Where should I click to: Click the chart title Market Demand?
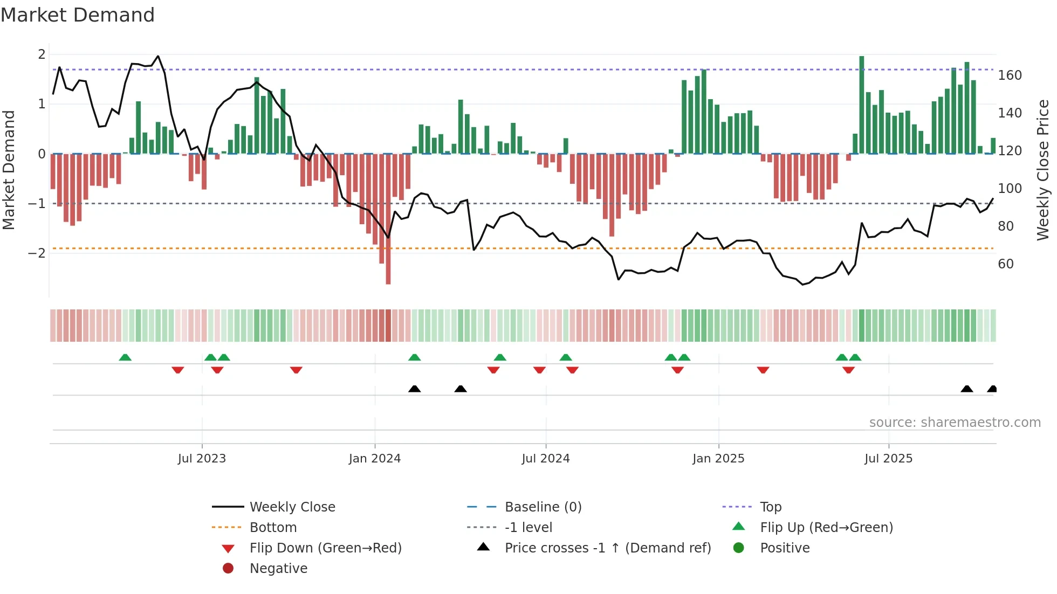[78, 15]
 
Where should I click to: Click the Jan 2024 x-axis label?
[374, 459]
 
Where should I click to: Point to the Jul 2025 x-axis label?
[888, 459]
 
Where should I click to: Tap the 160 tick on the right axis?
[1010, 75]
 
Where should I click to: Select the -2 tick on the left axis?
[37, 253]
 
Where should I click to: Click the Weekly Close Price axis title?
[1043, 170]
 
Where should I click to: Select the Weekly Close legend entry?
[292, 507]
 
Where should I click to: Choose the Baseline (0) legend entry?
[543, 507]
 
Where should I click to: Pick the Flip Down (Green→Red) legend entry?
[325, 548]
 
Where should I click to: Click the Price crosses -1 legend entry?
[607, 548]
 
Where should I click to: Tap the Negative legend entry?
[278, 569]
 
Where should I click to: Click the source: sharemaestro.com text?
[955, 423]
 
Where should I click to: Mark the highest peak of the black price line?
[158, 56]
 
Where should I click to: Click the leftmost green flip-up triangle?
[125, 357]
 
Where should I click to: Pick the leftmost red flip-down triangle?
[177, 370]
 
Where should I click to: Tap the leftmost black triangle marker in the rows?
[414, 389]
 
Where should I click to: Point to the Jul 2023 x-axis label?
[202, 459]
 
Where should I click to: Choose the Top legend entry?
[770, 507]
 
